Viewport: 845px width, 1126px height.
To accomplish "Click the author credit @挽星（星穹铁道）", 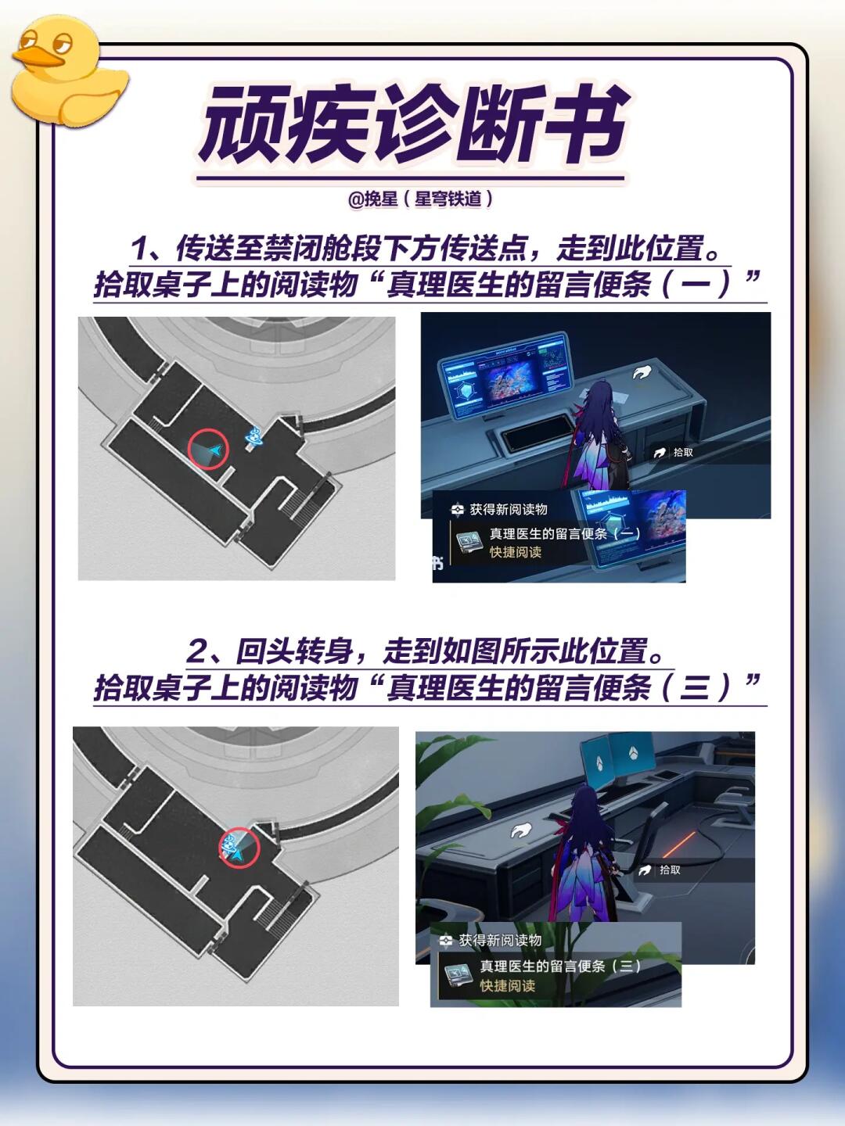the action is pyautogui.click(x=421, y=199).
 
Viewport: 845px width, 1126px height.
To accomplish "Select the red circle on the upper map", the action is pyautogui.click(x=208, y=450).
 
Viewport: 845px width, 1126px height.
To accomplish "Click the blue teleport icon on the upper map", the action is pyautogui.click(x=254, y=436).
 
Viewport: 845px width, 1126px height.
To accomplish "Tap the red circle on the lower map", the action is pyautogui.click(x=239, y=848).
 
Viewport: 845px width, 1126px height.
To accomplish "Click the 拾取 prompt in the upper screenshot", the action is pyautogui.click(x=674, y=453).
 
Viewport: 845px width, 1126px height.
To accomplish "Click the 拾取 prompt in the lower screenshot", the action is pyautogui.click(x=660, y=870).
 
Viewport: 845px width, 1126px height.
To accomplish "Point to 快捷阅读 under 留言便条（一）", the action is pyautogui.click(x=516, y=552).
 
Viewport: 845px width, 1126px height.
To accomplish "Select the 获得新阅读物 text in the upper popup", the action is pyautogui.click(x=509, y=509).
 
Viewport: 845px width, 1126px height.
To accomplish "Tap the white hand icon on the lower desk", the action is pyautogui.click(x=521, y=829).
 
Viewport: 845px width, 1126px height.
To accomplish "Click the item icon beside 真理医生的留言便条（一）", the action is pyautogui.click(x=469, y=542).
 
